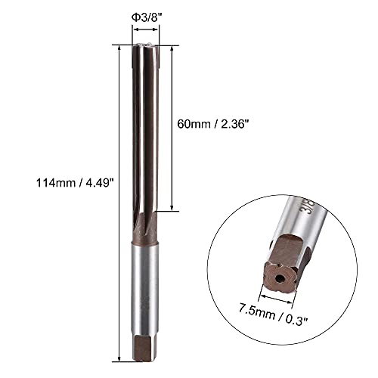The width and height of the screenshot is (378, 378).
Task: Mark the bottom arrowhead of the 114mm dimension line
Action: point(121,359)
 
